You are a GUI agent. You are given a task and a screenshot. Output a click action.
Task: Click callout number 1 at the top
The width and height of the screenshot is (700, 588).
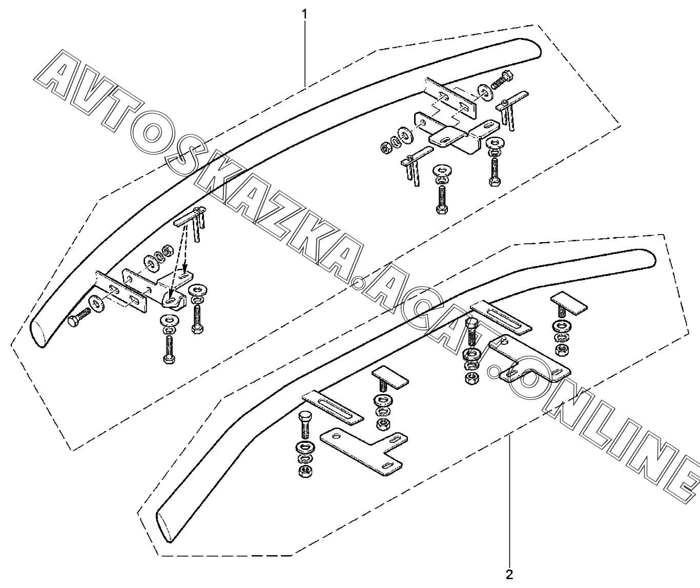305,14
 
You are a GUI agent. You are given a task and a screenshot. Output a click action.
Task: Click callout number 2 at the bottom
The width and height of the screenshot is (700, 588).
509,573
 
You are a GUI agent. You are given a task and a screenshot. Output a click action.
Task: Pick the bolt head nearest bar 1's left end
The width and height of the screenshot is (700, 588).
72,322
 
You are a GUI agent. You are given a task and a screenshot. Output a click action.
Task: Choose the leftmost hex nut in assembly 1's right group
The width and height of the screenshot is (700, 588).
386,149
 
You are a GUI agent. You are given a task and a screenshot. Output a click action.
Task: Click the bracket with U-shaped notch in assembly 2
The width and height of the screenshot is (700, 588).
528,362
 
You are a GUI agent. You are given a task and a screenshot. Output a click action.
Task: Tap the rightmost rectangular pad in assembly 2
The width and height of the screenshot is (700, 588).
569,303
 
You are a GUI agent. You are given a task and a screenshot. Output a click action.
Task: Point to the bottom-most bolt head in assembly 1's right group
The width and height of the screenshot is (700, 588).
441,208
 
